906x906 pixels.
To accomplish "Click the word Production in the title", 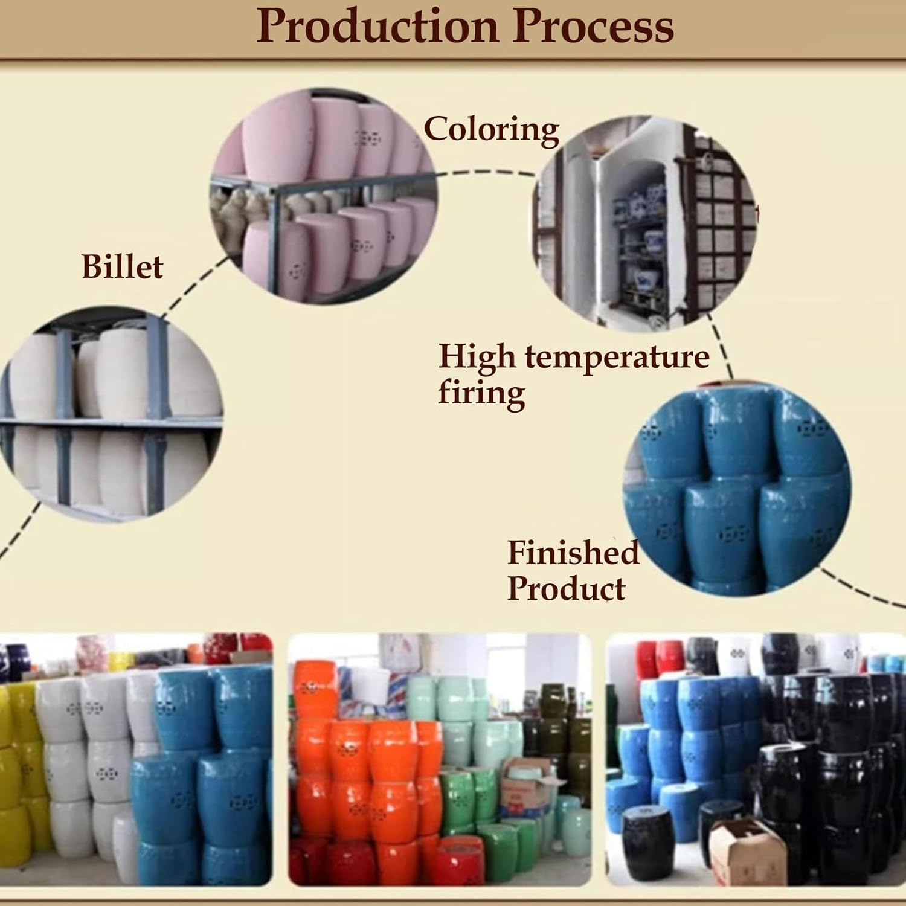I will tap(377, 27).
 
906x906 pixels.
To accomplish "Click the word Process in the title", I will tap(595, 27).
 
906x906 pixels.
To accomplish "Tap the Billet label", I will tap(122, 267).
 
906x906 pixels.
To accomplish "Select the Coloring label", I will tap(491, 130).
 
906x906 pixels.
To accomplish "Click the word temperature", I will tap(617, 357).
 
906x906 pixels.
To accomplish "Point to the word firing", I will tap(481, 393).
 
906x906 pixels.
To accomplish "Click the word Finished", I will tap(573, 553).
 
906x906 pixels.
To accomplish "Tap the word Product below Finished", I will tap(566, 588).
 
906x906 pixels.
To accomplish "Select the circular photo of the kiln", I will tap(644, 223).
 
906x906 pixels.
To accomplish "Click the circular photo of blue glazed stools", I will tap(737, 489).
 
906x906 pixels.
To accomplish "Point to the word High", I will tap(477, 357).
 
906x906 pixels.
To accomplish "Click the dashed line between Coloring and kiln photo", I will tap(486, 173).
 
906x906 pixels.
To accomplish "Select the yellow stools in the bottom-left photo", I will tap(18, 761).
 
